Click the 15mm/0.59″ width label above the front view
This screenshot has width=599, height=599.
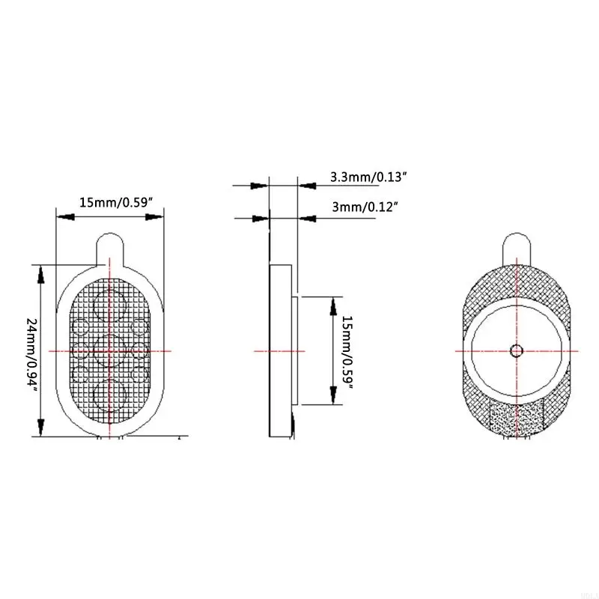pyautogui.click(x=116, y=202)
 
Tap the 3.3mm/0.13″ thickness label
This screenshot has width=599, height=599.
pyautogui.click(x=368, y=178)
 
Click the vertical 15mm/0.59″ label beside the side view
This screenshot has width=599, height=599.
pyautogui.click(x=347, y=350)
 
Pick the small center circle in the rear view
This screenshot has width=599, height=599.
pyautogui.click(x=516, y=350)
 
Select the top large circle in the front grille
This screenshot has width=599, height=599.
pyautogui.click(x=109, y=305)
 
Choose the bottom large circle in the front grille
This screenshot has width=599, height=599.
pyautogui.click(x=109, y=395)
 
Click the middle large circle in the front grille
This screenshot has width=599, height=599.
pyautogui.click(x=109, y=350)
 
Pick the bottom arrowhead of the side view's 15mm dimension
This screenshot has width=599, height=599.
pyautogui.click(x=332, y=396)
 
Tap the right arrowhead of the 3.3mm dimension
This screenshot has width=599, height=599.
pyautogui.click(x=306, y=183)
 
